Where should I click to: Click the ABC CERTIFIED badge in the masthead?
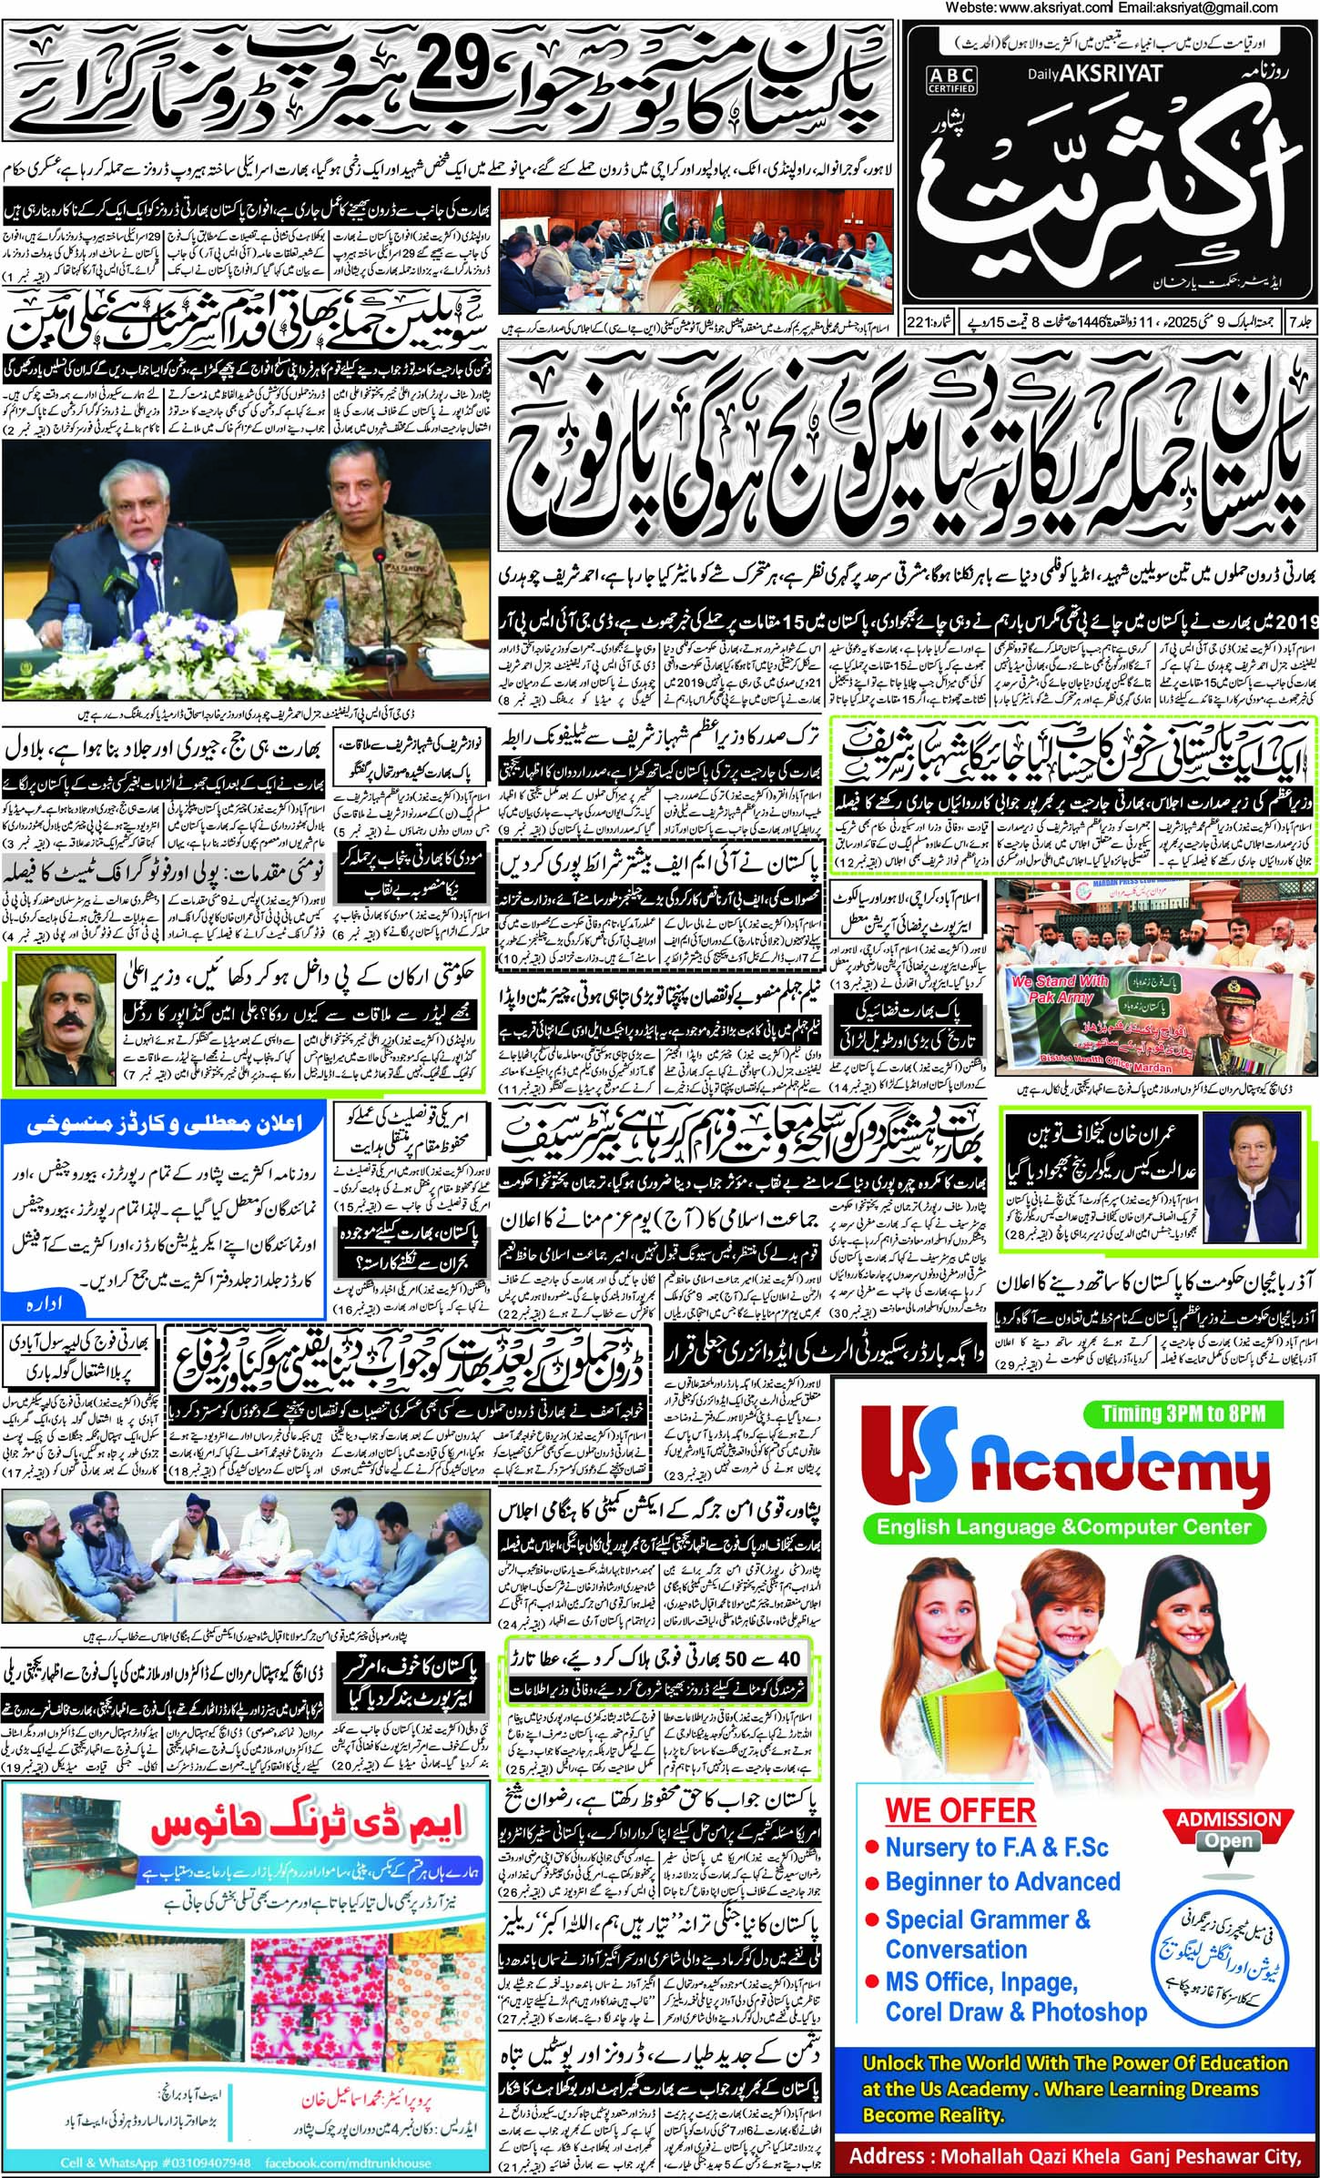[x=951, y=79]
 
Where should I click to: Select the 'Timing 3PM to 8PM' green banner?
[x=1183, y=1413]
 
